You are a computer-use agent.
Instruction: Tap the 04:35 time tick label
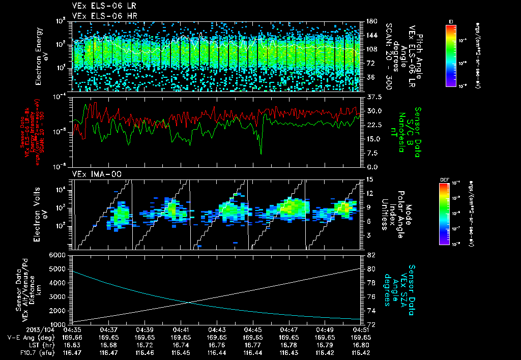[73, 330]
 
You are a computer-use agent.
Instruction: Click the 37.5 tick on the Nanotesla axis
[374, 97]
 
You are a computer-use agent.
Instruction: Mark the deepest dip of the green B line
[261, 153]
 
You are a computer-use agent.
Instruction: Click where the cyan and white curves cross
[190, 303]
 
